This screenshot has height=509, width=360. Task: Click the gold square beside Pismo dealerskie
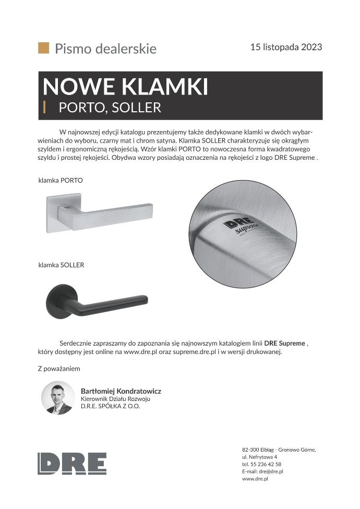coord(43,48)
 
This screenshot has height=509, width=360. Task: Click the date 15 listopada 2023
coord(286,47)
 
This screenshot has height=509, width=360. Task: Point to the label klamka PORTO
coord(61,180)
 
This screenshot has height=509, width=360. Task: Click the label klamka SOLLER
coord(61,265)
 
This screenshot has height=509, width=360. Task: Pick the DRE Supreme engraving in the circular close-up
coord(241,226)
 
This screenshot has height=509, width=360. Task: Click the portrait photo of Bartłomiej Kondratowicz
coord(58,397)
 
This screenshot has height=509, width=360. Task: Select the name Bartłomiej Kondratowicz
coord(121,391)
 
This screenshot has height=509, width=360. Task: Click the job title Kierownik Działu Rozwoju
coord(115,399)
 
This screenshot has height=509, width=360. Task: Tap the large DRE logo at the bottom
coord(72,464)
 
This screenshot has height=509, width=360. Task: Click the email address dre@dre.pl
coord(271,471)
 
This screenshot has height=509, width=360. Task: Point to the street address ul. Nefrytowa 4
coord(259,457)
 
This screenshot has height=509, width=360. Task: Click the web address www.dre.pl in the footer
coord(255,479)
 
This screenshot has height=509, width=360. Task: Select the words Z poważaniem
coord(59,369)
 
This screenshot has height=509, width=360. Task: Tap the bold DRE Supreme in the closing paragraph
coord(285,344)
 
